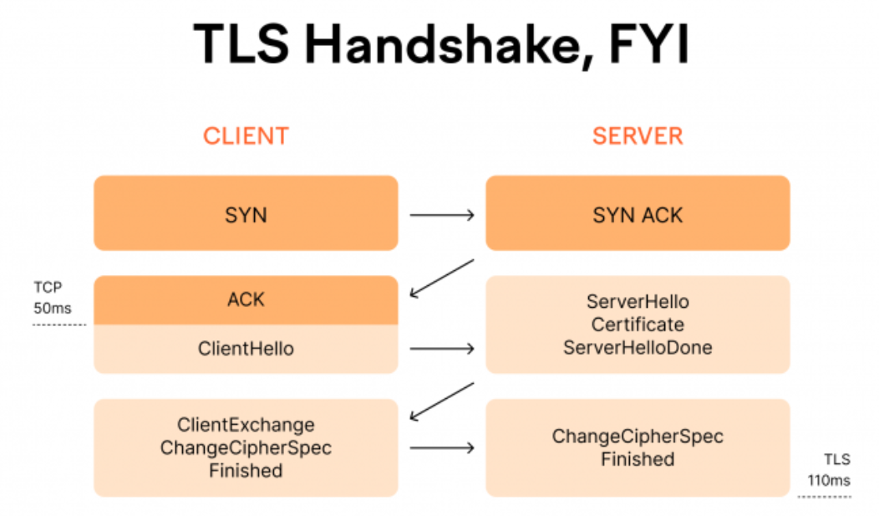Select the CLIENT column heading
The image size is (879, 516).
point(246,136)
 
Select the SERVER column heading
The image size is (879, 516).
point(638,136)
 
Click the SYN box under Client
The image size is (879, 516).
point(246,213)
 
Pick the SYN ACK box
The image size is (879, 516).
point(638,213)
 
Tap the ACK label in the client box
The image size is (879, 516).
point(246,299)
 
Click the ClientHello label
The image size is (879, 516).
point(246,349)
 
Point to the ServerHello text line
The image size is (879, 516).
point(638,302)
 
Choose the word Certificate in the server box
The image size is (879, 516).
point(638,324)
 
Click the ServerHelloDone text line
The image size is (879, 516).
point(638,347)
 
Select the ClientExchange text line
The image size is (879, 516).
point(246,425)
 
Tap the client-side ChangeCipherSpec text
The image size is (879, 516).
point(246,447)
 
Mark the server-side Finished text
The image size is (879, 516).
point(638,459)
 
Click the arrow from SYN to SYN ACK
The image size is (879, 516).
point(441,215)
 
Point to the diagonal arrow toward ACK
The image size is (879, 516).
point(441,278)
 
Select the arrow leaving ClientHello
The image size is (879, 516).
point(441,349)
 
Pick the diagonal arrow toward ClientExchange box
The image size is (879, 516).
point(441,401)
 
